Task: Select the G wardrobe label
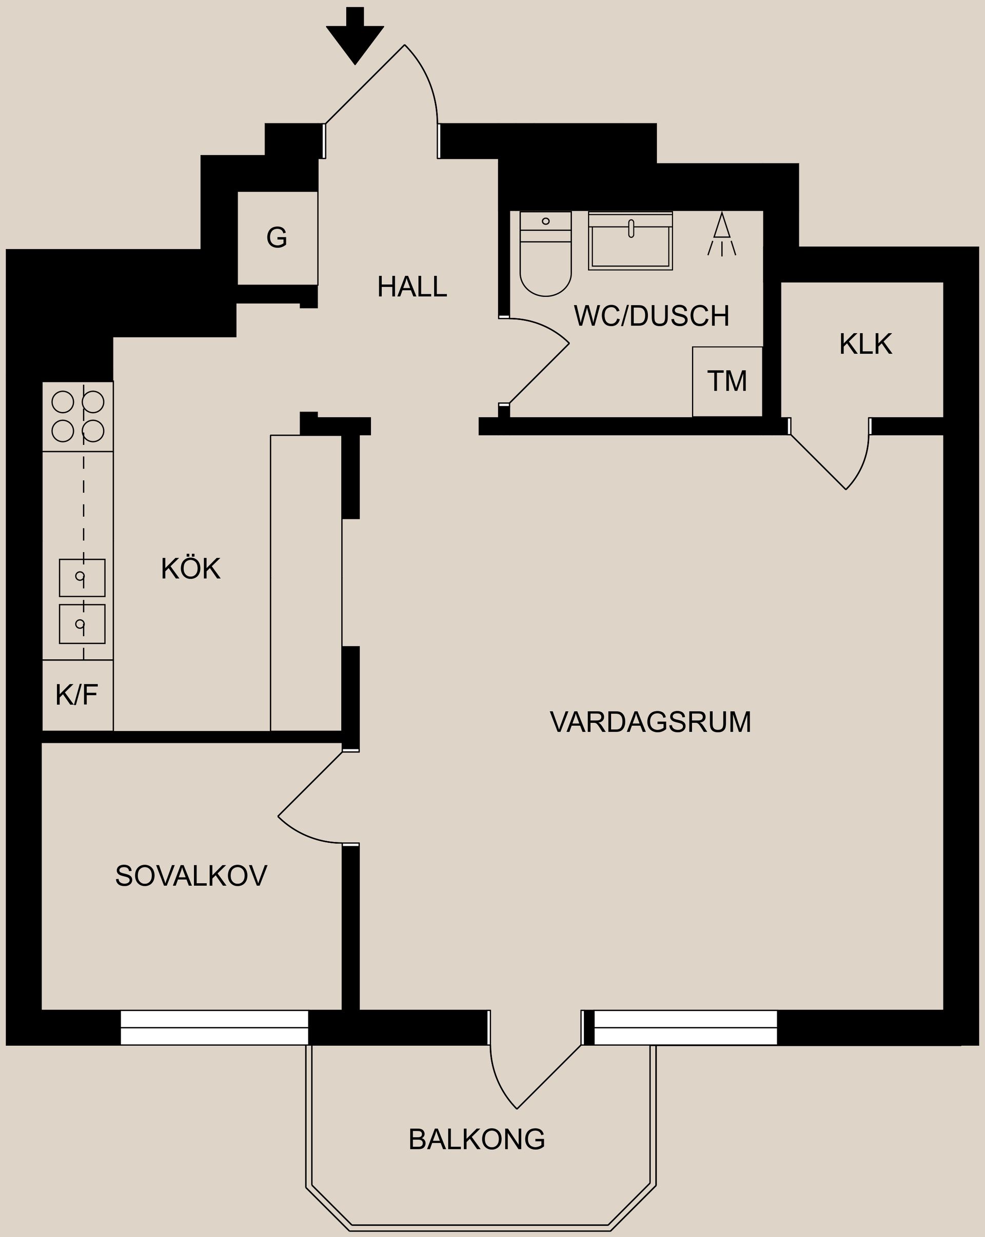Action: [277, 237]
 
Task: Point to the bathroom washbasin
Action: [631, 241]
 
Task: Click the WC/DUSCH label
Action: [652, 316]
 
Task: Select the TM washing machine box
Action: [727, 381]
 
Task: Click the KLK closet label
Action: [865, 344]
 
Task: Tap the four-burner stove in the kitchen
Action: [78, 416]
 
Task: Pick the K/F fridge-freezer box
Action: [77, 695]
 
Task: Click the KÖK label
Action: [190, 569]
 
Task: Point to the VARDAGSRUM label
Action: [651, 722]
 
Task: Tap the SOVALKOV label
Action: [191, 876]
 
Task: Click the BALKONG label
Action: [477, 1139]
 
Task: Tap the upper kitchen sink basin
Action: [82, 578]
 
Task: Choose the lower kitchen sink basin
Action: [82, 624]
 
